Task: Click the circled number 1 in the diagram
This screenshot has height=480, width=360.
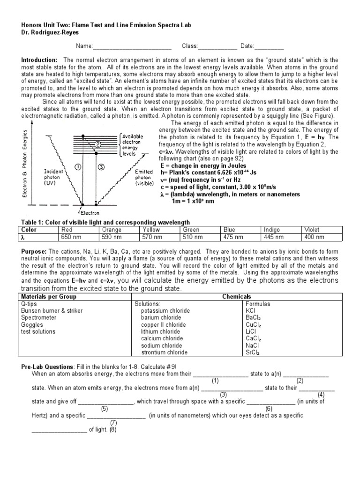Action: (78, 166)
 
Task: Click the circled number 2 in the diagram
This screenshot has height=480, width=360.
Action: (97, 144)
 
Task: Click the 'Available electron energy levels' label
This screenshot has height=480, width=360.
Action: (133, 145)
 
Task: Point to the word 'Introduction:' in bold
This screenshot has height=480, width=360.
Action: (39, 60)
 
